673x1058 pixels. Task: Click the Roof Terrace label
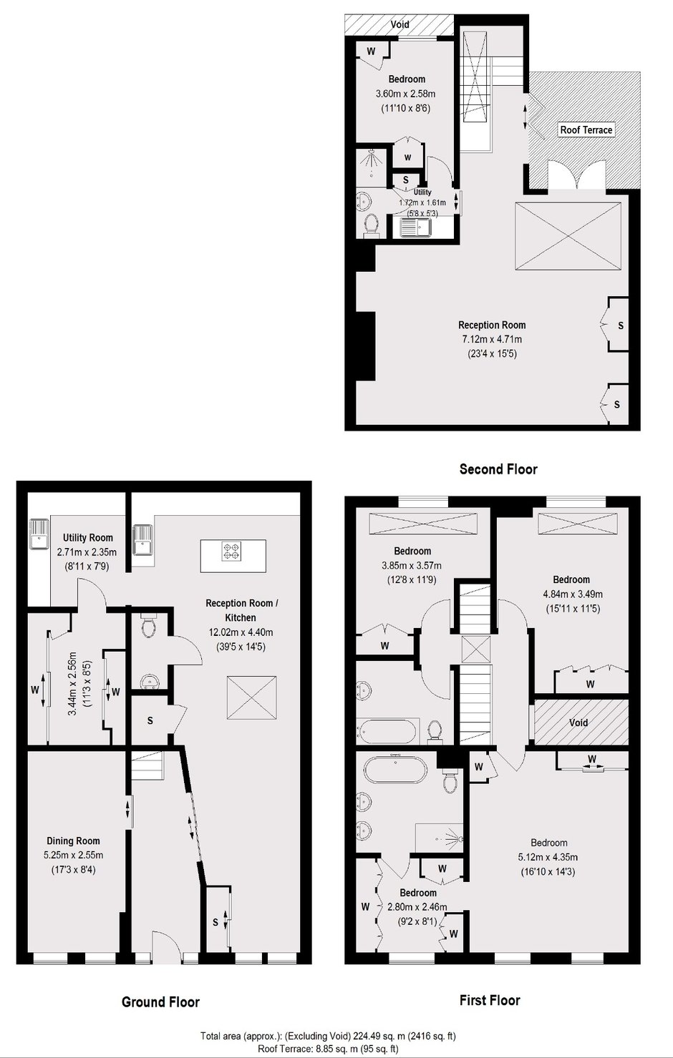(x=586, y=129)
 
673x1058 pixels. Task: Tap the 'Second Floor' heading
(x=498, y=469)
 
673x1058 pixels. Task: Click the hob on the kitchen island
(x=231, y=550)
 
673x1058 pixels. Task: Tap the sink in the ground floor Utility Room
(x=39, y=534)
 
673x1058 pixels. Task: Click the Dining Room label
(x=73, y=841)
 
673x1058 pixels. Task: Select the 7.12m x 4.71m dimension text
(x=492, y=339)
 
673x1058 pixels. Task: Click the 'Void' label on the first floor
(x=578, y=723)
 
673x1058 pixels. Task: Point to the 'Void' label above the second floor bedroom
(x=400, y=24)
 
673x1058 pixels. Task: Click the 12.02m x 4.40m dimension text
(x=241, y=632)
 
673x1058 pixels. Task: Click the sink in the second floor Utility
(x=417, y=227)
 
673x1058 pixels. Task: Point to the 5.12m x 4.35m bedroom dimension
(x=548, y=857)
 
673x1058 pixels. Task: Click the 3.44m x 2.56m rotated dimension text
(x=72, y=683)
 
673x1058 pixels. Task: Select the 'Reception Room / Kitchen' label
(x=242, y=610)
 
